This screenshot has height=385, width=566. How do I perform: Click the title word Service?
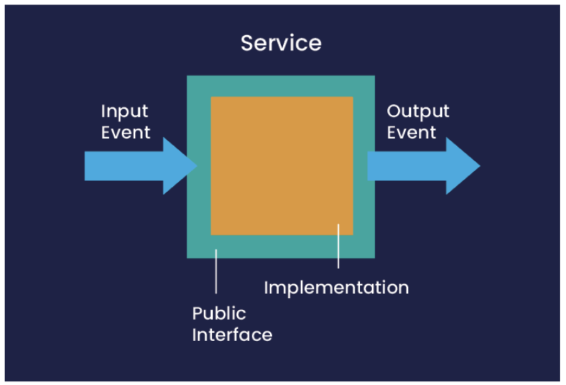281,43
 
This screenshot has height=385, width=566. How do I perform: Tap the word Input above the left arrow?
124,112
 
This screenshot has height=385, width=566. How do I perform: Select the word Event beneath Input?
125,132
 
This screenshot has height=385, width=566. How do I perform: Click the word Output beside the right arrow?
418,112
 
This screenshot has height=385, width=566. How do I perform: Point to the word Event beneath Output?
412,132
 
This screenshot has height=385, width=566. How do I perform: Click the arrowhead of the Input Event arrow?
180,166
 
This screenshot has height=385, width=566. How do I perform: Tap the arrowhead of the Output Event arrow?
463,166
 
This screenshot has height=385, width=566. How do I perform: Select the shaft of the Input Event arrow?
124,166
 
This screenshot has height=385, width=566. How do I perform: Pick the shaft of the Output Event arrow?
407,166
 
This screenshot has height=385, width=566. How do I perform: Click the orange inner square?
282,166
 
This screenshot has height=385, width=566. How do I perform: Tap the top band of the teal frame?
281,87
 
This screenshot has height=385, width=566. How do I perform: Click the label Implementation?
336,288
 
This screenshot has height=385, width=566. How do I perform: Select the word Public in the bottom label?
219,313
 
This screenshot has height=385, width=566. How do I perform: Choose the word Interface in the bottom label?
232,335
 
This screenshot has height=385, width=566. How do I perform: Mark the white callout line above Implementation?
338,246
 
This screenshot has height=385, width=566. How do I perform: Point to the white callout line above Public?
216,272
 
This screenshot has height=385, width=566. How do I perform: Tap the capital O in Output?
395,111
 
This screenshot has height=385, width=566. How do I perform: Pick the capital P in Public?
198,313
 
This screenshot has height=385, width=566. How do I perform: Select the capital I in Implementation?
266,287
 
